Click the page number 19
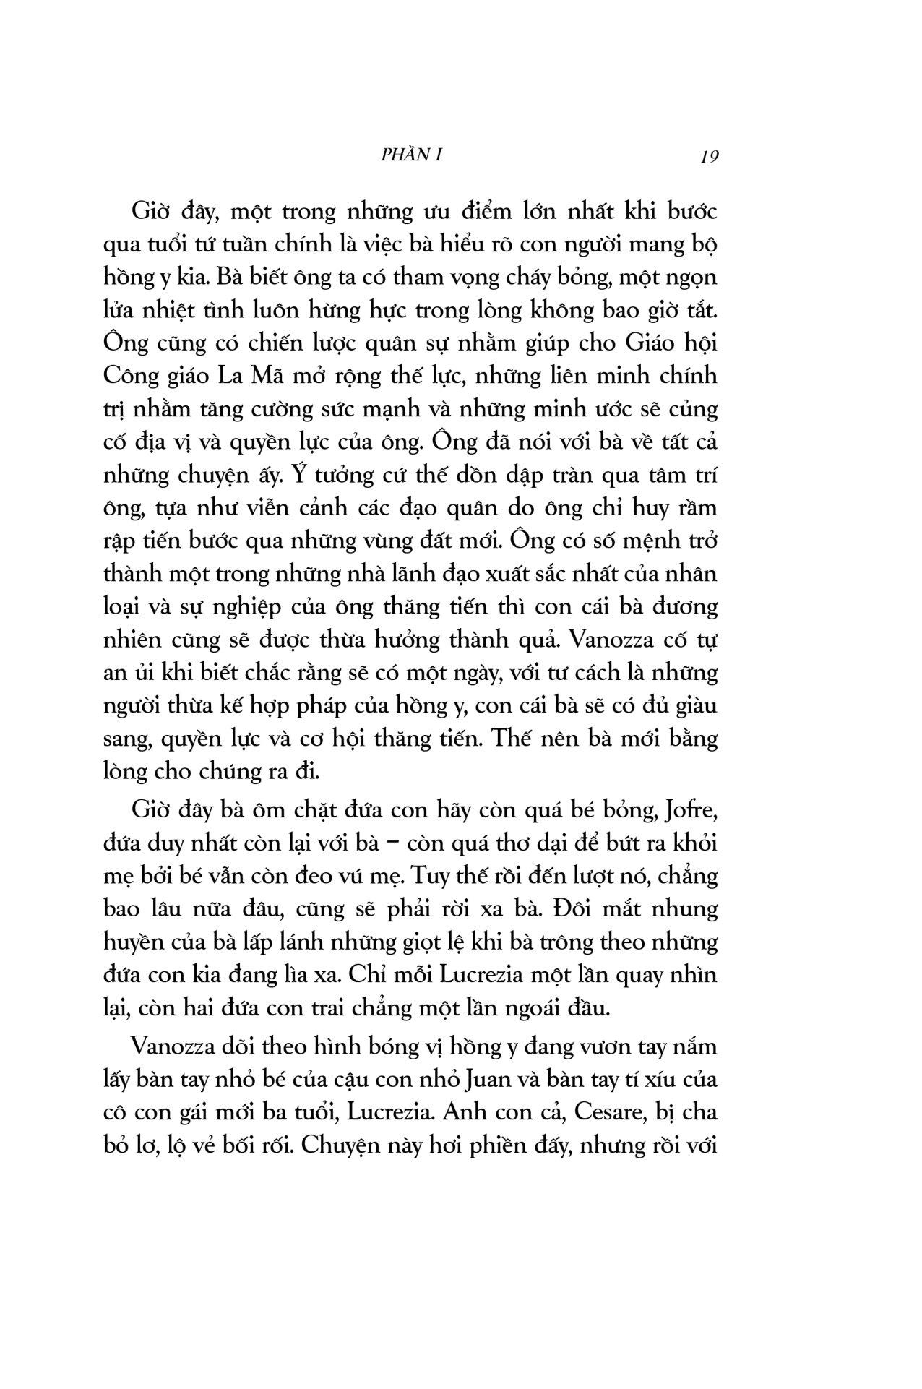pyautogui.click(x=710, y=157)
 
